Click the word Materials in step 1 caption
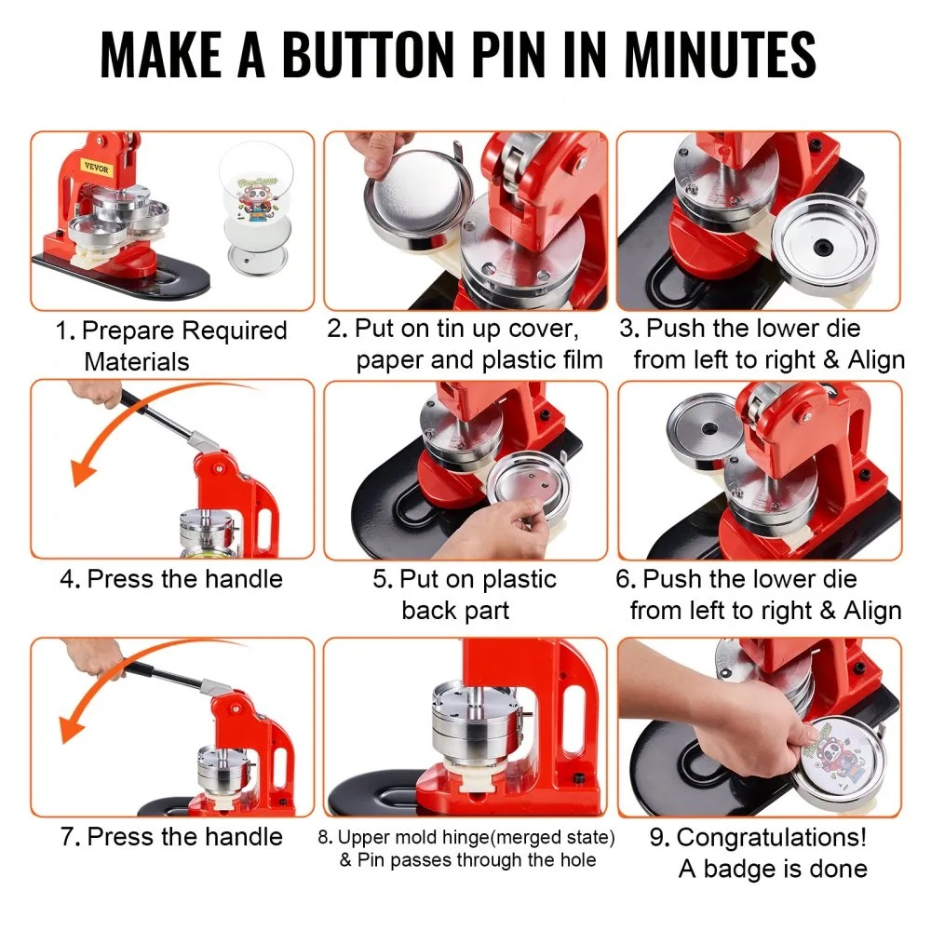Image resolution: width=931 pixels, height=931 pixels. [137, 361]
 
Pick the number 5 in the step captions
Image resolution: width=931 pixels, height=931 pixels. [381, 579]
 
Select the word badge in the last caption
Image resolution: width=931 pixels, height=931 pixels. [746, 869]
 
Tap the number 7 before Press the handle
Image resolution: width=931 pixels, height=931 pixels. [68, 836]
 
